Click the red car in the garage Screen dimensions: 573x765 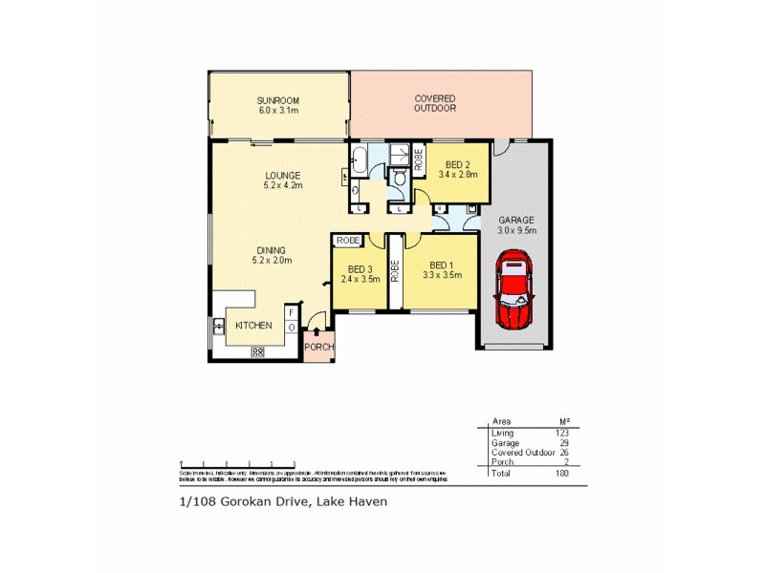[x=515, y=289]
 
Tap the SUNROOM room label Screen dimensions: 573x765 [x=277, y=100]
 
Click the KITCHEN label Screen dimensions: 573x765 [x=254, y=326]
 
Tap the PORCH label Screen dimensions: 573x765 [x=319, y=347]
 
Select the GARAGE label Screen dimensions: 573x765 [x=515, y=220]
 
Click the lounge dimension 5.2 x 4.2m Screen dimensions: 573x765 [x=283, y=185]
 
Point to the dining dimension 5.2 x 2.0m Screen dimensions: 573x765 [x=271, y=260]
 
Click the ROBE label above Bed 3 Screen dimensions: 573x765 [x=346, y=241]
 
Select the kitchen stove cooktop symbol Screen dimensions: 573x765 [x=257, y=352]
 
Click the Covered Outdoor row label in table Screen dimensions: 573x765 [x=522, y=453]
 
